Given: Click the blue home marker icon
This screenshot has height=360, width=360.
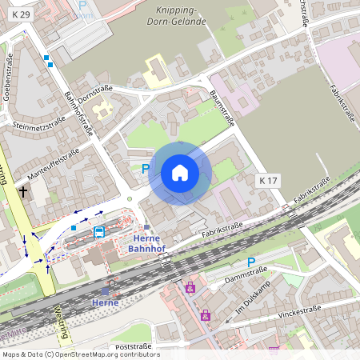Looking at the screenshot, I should click(180, 172).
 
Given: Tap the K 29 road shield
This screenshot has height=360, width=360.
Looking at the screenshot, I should click(22, 14).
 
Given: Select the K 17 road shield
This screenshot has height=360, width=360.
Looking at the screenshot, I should click(269, 182).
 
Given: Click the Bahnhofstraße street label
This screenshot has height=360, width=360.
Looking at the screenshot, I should click(78, 114).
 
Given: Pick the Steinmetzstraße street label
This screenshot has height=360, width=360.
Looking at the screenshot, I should click(39, 124).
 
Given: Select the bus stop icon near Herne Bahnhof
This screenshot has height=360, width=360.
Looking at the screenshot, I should click(99, 232).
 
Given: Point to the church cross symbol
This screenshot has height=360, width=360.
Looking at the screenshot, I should click(23, 192).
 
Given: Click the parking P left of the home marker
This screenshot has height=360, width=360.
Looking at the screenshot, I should click(145, 169).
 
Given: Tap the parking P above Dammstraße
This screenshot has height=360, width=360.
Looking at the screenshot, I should click(250, 262).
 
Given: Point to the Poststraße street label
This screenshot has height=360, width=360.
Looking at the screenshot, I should click(133, 346).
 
